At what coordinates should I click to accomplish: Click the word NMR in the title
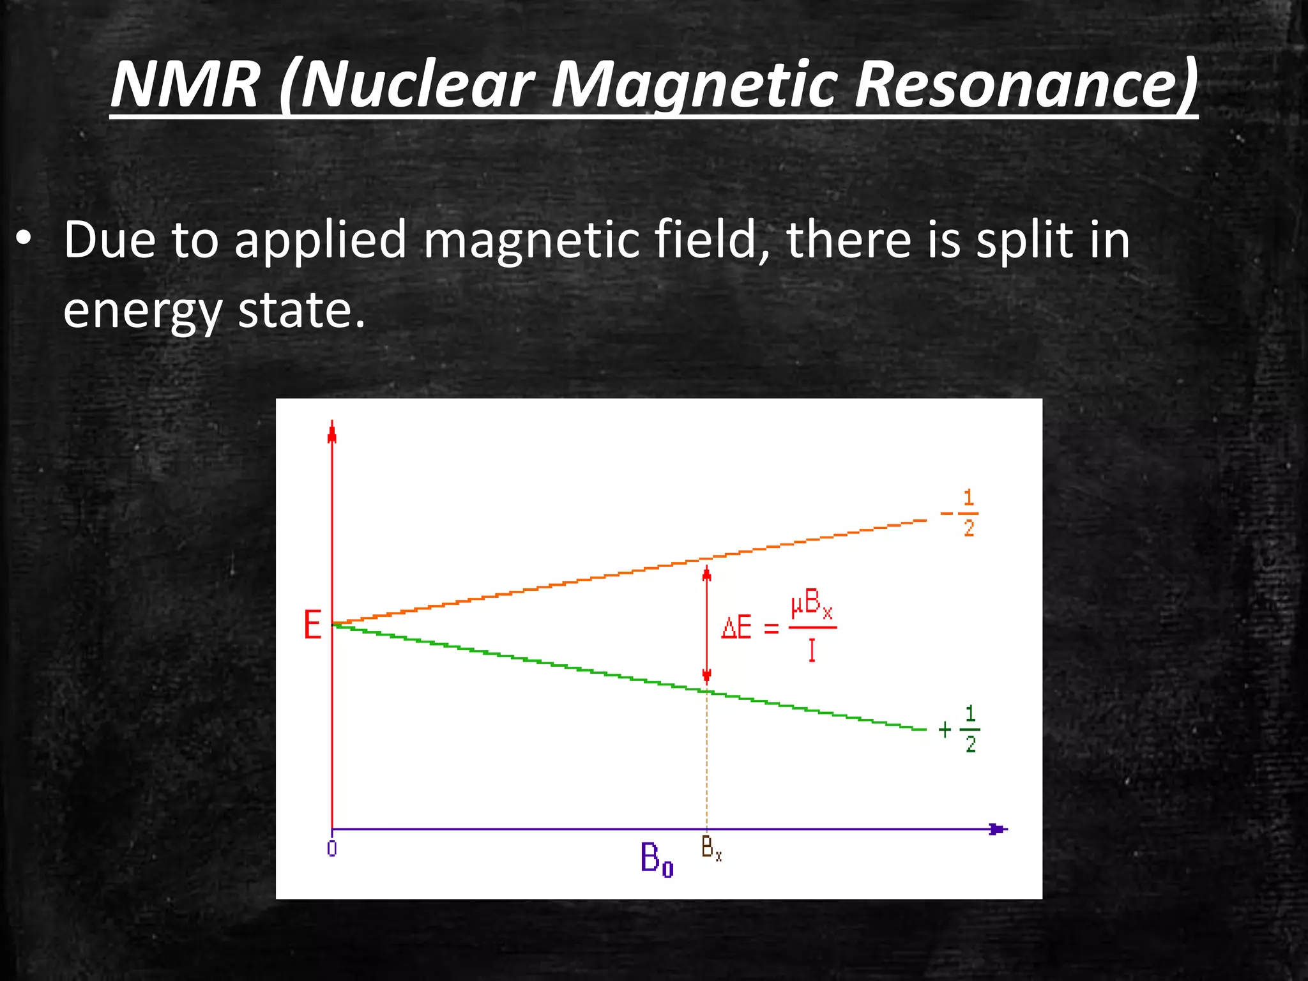[x=185, y=85]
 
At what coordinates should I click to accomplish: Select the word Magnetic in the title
[x=693, y=85]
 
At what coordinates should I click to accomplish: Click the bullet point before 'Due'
[x=24, y=240]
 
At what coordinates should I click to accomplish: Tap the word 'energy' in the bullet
[x=142, y=311]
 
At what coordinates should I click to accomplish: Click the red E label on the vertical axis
[x=312, y=625]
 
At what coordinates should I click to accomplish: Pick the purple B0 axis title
[x=657, y=860]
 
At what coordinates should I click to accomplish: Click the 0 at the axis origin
[x=332, y=849]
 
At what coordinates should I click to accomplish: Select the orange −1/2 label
[x=962, y=513]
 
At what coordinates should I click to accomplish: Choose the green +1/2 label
[x=961, y=729]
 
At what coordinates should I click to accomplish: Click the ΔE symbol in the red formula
[x=736, y=628]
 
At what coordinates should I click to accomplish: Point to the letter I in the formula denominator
[x=812, y=650]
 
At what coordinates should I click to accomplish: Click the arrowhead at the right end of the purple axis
[x=997, y=829]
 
